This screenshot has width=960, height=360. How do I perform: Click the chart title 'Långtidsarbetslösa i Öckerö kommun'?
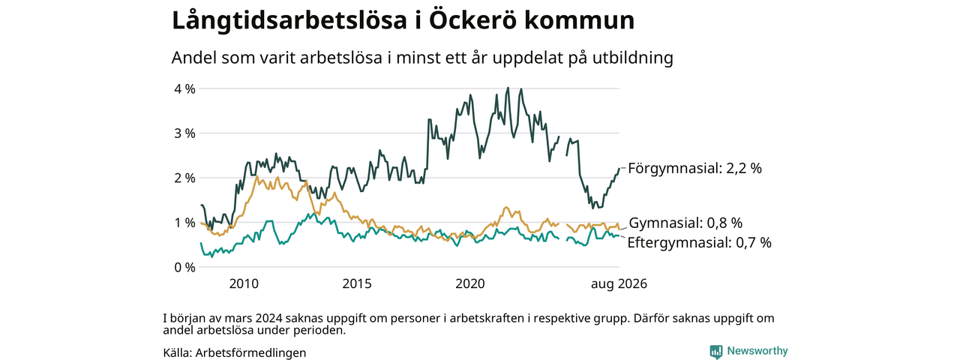[403, 20]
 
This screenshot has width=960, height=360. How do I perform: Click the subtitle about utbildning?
[422, 58]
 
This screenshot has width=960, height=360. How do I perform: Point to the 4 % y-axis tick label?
[184, 89]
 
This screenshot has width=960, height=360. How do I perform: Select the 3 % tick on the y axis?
[184, 133]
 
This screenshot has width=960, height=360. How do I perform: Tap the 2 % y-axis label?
[184, 178]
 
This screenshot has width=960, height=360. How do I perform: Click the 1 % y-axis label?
[184, 223]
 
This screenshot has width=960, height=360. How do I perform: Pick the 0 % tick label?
[184, 268]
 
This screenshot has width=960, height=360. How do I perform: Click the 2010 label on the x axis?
[244, 283]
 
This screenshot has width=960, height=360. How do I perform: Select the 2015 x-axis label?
[357, 283]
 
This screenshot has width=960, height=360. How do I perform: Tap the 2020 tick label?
[470, 283]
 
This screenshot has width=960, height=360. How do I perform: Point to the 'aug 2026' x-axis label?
[619, 283]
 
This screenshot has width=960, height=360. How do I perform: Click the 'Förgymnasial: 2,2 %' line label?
[694, 169]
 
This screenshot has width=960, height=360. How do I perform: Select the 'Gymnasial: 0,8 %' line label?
[685, 223]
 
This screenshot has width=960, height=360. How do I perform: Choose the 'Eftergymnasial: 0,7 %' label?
[700, 242]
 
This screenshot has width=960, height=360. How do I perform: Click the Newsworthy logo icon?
[716, 352]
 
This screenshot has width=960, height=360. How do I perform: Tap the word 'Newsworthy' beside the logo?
[757, 351]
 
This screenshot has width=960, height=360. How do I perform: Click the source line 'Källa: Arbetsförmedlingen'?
[235, 352]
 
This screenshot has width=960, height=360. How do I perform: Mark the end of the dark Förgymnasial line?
[619, 169]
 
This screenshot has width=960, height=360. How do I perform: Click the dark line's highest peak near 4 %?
[508, 88]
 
